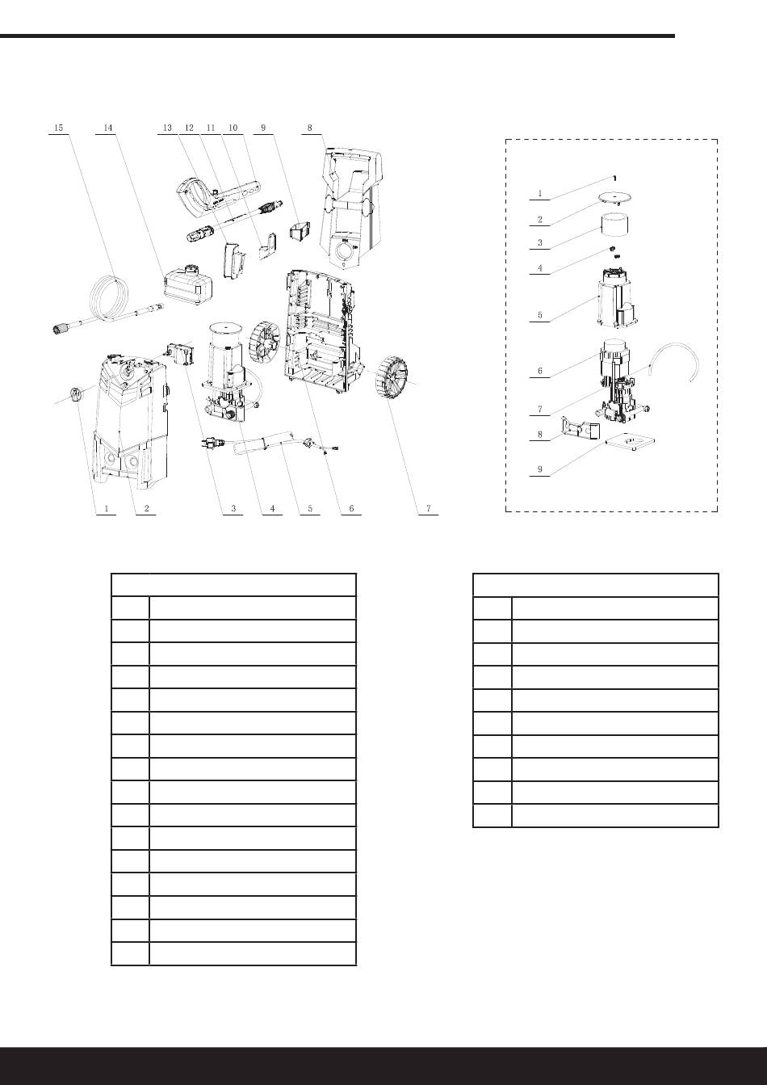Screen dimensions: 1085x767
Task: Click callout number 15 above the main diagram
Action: [x=58, y=128]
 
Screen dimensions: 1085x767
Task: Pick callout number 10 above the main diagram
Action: [x=233, y=128]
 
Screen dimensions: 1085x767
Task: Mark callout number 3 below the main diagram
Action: [x=233, y=509]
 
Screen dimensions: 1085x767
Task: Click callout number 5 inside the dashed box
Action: [x=539, y=316]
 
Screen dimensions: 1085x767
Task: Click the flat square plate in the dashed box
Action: [x=631, y=442]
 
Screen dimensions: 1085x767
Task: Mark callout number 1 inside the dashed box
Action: [x=539, y=194]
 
